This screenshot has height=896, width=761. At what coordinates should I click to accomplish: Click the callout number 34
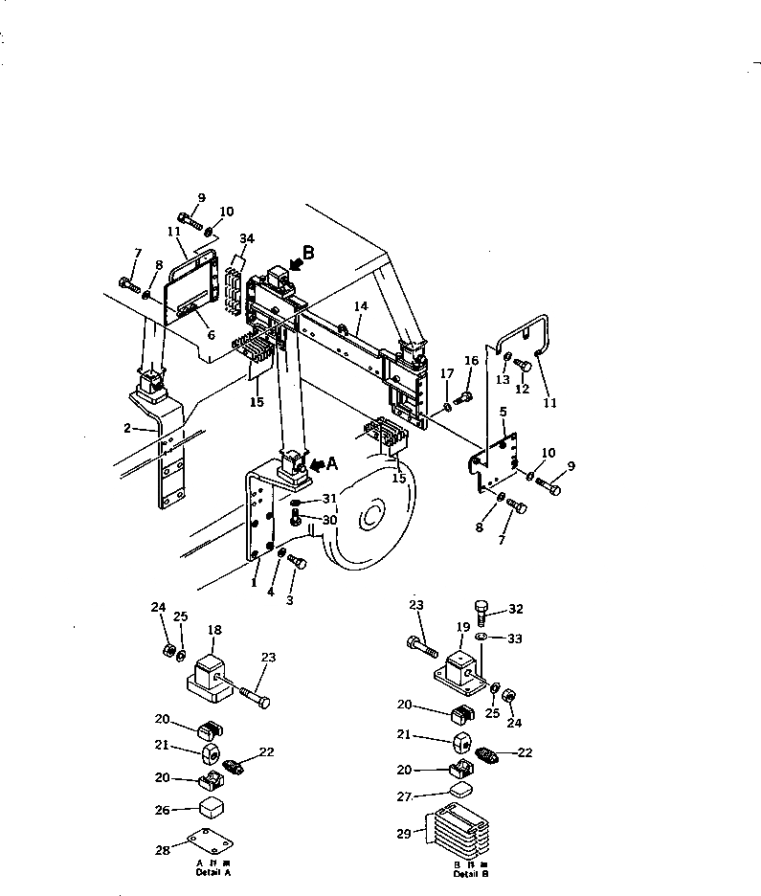click(x=247, y=238)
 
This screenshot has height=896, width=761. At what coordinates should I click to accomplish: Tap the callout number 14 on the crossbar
click(x=360, y=306)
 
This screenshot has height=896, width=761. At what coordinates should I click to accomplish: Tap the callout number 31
click(x=329, y=498)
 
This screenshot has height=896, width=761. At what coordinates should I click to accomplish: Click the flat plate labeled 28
click(x=210, y=841)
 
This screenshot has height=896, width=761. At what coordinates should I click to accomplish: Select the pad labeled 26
click(x=212, y=809)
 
